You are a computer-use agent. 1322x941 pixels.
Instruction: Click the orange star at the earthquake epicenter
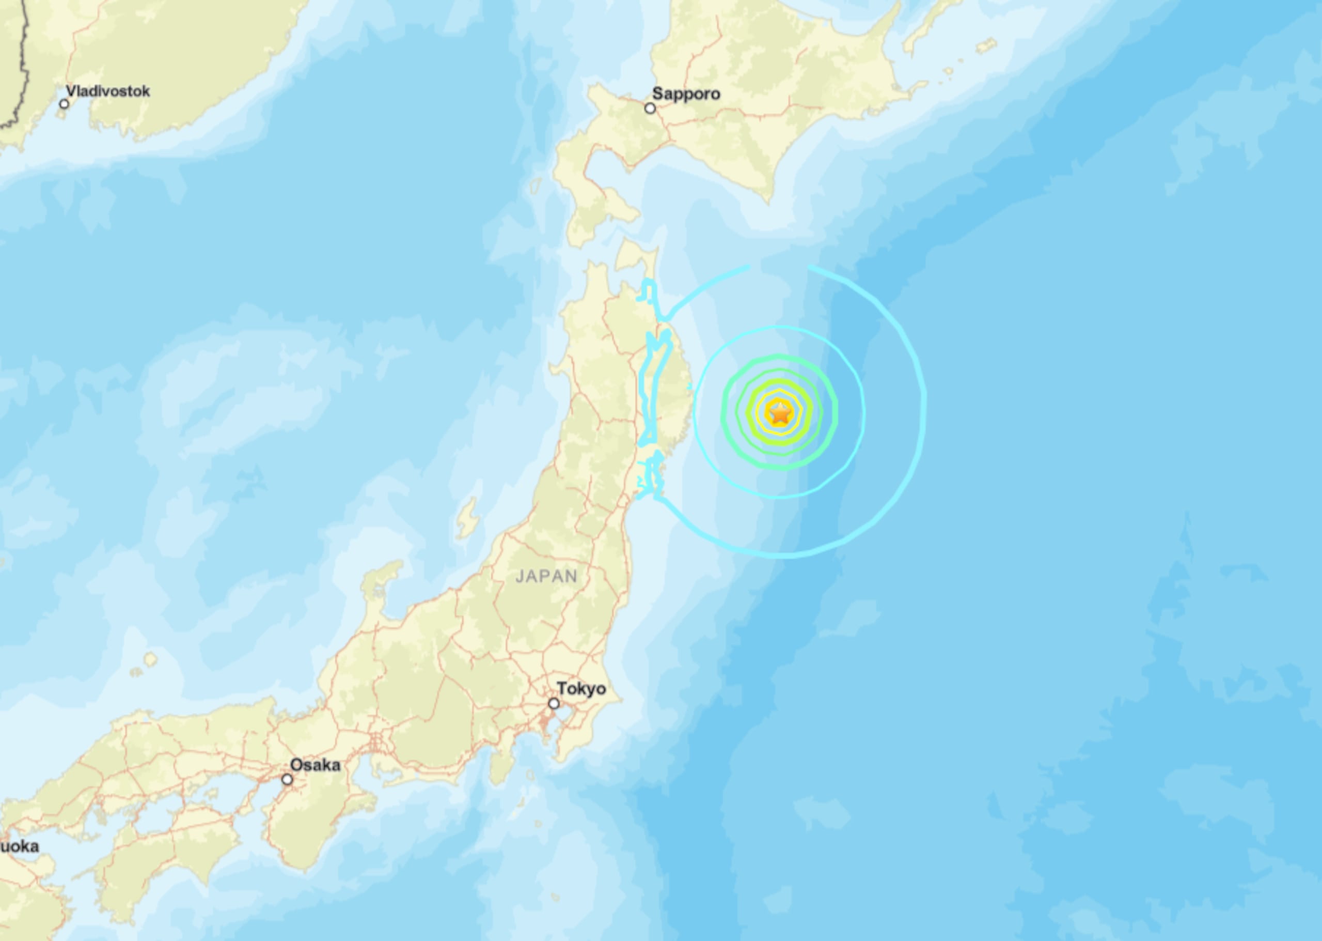(x=780, y=413)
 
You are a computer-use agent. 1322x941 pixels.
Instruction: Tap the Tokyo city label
(x=581, y=688)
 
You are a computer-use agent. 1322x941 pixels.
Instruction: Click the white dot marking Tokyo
(x=554, y=703)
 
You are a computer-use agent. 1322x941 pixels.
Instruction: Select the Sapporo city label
(x=686, y=94)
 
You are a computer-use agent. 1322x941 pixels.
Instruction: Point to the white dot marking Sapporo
(x=650, y=109)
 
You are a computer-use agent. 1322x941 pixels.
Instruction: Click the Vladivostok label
(x=108, y=91)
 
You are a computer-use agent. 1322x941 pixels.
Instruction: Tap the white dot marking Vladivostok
(x=64, y=104)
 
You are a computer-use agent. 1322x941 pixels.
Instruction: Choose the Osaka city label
(x=315, y=765)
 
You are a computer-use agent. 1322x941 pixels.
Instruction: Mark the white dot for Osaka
(x=287, y=780)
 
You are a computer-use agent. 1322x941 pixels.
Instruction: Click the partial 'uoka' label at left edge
(x=20, y=846)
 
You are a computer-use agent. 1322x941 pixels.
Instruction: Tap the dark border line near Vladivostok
(x=23, y=70)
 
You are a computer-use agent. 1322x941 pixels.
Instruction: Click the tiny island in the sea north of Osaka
(x=151, y=659)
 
